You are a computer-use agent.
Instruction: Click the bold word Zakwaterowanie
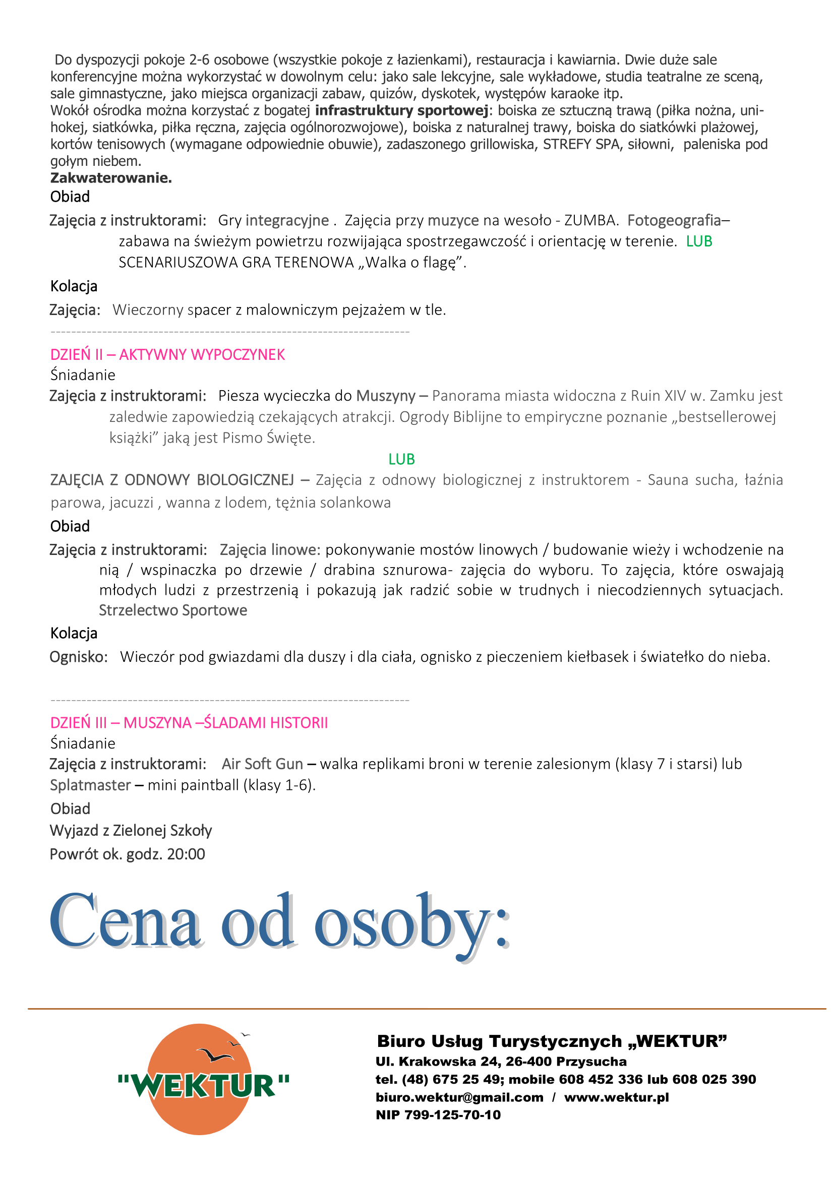(x=111, y=177)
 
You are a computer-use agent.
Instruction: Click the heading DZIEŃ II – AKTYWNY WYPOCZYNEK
(x=167, y=354)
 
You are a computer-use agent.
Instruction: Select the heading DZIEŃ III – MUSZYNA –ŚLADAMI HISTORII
(x=189, y=722)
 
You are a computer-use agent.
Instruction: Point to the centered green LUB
(x=401, y=459)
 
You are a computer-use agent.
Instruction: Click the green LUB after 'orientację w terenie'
(x=699, y=241)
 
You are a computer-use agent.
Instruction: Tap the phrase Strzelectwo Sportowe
(x=173, y=610)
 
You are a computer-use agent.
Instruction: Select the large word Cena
(x=125, y=923)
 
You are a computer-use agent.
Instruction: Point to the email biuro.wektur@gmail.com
(x=460, y=1097)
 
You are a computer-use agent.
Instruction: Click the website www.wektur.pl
(x=616, y=1097)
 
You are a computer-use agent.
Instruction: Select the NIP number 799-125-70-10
(x=452, y=1114)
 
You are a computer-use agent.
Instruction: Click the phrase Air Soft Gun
(x=262, y=764)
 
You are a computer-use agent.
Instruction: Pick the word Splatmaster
(x=90, y=785)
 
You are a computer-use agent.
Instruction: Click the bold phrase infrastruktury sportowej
(x=401, y=110)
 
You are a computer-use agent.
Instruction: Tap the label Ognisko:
(x=79, y=657)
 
